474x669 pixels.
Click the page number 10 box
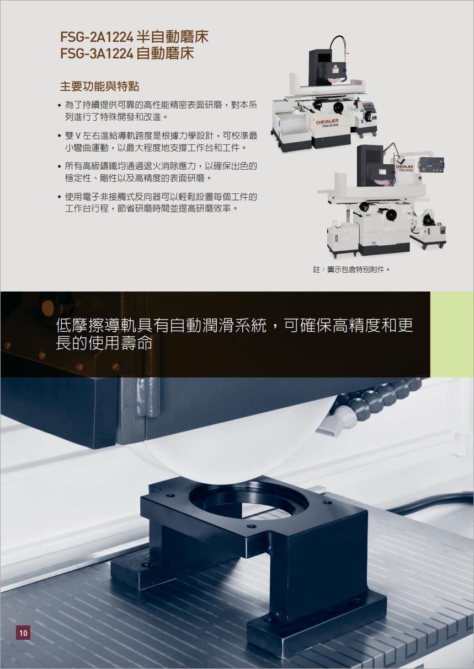click(x=23, y=633)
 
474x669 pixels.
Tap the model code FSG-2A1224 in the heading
click(x=97, y=37)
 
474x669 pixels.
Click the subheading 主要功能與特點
click(x=99, y=87)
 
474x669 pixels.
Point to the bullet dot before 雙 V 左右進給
click(x=60, y=136)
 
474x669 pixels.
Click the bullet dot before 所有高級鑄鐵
click(x=60, y=166)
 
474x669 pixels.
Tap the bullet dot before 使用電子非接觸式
click(x=60, y=197)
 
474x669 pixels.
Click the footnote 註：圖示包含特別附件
click(x=351, y=270)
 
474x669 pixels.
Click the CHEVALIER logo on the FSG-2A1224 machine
click(x=327, y=121)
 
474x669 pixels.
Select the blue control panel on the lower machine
click(x=430, y=164)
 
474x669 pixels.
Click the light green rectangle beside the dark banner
click(x=452, y=334)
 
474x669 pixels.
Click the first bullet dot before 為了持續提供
click(x=60, y=105)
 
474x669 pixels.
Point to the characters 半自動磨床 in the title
click(x=172, y=37)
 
